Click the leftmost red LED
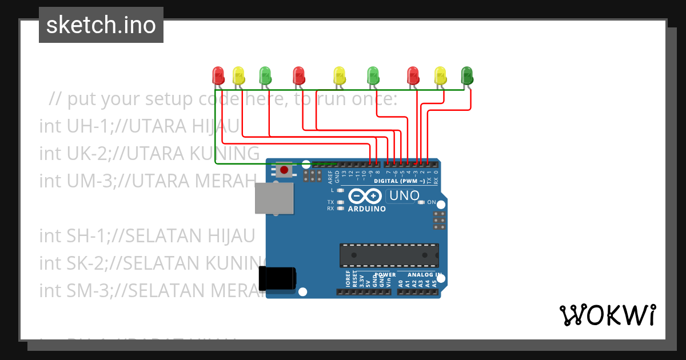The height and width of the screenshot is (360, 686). (218, 75)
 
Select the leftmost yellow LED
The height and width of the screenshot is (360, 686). (238, 75)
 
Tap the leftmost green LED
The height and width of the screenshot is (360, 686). (265, 75)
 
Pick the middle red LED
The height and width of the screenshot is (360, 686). (298, 75)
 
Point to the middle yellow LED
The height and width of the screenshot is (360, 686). (340, 75)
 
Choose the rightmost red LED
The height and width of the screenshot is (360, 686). (413, 75)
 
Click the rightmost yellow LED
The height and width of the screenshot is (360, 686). (440, 75)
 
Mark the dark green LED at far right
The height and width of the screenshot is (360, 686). (467, 75)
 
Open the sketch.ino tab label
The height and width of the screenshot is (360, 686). (101, 25)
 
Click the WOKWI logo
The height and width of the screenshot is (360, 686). (607, 315)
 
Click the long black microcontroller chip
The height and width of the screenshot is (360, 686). (389, 255)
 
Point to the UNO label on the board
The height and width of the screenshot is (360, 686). (403, 196)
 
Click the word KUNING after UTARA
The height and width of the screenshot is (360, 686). (224, 153)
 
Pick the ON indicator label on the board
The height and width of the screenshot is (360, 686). (432, 202)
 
